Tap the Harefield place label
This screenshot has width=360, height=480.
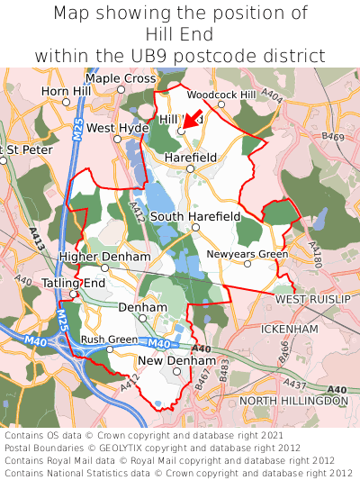[191, 158]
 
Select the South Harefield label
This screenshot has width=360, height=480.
[194, 217]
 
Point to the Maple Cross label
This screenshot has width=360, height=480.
[121, 79]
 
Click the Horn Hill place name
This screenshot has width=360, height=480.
[66, 92]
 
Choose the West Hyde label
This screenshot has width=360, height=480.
[118, 129]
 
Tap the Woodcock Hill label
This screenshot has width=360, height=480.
[221, 94]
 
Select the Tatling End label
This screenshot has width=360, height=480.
[73, 284]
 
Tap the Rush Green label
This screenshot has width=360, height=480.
[109, 340]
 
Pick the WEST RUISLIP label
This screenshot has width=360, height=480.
[310, 299]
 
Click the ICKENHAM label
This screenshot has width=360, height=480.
[289, 330]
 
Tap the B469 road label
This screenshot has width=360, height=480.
[332, 137]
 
